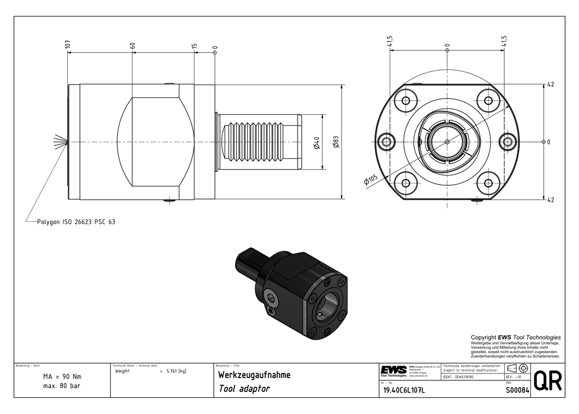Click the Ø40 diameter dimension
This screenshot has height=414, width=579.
click(x=317, y=142)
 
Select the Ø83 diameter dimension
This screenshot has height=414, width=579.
click(x=336, y=142)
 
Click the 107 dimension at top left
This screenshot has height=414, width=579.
click(x=68, y=45)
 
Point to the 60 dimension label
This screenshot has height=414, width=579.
click(x=133, y=45)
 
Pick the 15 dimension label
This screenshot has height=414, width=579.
click(x=194, y=46)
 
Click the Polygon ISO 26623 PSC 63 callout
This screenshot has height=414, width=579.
click(x=76, y=222)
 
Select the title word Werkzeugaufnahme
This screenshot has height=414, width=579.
click(x=254, y=375)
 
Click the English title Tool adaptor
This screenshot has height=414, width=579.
click(x=244, y=389)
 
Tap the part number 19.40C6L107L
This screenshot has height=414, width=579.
click(x=404, y=390)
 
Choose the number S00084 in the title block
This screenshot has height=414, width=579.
click(x=516, y=390)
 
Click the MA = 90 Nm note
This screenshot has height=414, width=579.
click(x=62, y=377)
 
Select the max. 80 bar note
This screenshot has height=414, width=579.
click(x=62, y=386)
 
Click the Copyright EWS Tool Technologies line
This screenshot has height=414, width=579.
click(x=515, y=337)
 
